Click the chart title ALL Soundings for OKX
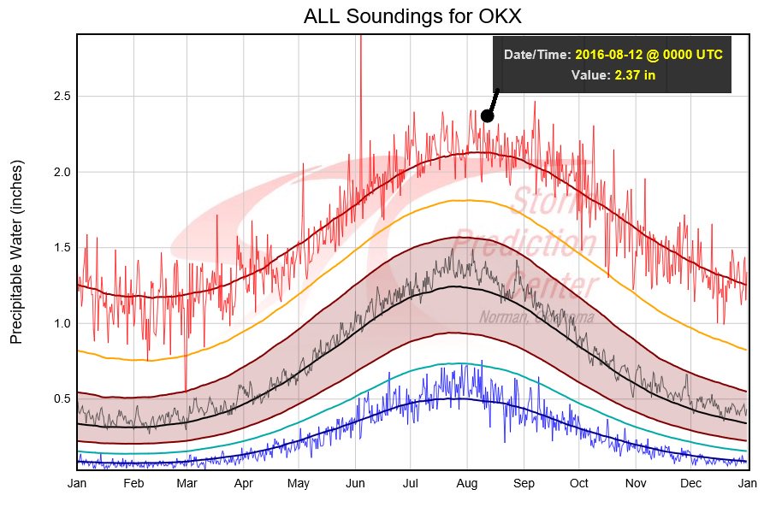pyautogui.click(x=412, y=17)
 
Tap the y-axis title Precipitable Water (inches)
pyautogui.click(x=17, y=251)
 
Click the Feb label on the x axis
pyautogui.click(x=133, y=483)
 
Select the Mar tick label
pyautogui.click(x=187, y=483)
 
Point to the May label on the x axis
pyautogui.click(x=299, y=483)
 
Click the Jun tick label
pyautogui.click(x=354, y=483)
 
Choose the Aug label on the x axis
pyautogui.click(x=466, y=483)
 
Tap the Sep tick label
pyautogui.click(x=524, y=483)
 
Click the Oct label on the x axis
pyautogui.click(x=579, y=483)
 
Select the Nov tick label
pyautogui.click(x=636, y=483)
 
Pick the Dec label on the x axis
pyautogui.click(x=691, y=483)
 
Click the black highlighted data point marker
pyautogui.click(x=487, y=115)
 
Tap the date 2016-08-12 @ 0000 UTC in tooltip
pyautogui.click(x=649, y=55)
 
